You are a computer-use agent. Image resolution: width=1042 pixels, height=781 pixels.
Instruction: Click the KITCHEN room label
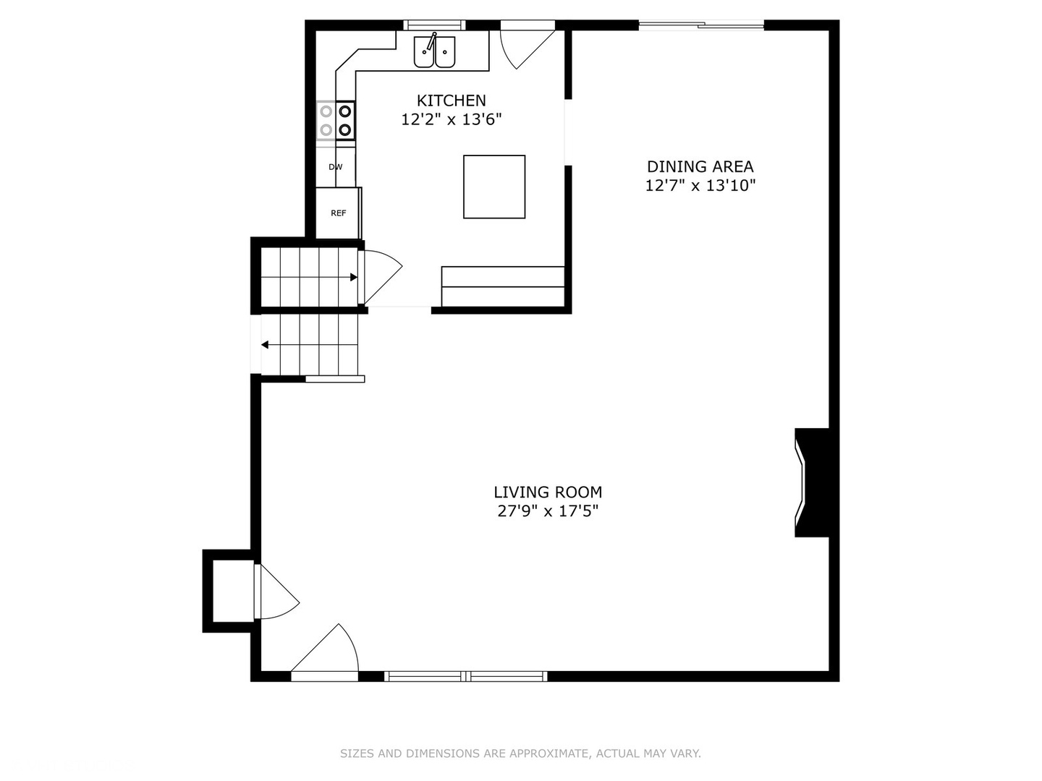point(451,101)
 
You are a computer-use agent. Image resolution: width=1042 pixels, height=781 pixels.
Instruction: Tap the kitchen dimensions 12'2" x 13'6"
point(451,119)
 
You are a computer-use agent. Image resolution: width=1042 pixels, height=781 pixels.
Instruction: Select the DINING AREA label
point(700,166)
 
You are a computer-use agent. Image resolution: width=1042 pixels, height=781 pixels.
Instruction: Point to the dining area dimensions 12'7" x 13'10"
point(700,186)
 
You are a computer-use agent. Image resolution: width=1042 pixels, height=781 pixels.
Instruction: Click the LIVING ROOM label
point(548,492)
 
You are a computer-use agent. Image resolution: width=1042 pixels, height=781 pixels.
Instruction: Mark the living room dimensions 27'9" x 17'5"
point(548,511)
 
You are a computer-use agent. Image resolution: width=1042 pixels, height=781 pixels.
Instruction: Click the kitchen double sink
point(434,51)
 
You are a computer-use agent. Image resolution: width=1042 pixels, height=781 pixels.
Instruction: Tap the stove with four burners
point(336,121)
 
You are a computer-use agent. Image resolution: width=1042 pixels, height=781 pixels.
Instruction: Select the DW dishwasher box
point(336,167)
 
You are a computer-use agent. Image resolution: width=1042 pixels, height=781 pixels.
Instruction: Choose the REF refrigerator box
point(338,213)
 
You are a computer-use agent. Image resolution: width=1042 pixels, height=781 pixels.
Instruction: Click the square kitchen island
point(494,187)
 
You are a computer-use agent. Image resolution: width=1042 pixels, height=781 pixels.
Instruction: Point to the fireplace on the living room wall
point(812,482)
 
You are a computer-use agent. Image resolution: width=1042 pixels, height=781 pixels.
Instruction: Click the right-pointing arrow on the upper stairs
point(353,277)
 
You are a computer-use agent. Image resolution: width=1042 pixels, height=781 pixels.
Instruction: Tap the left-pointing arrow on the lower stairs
point(266,345)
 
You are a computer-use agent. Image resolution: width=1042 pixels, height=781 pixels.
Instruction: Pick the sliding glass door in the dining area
point(700,26)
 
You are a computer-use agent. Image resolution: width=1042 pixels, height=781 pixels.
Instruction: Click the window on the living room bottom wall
point(465,676)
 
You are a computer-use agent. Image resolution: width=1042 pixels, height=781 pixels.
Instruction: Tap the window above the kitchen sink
point(434,25)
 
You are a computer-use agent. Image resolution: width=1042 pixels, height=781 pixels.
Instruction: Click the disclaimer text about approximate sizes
point(520,754)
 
